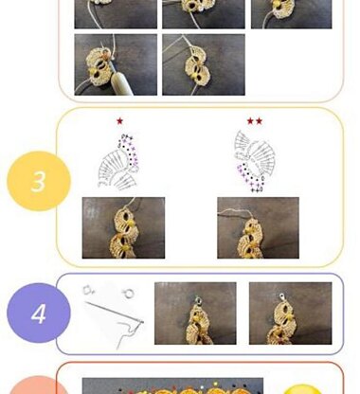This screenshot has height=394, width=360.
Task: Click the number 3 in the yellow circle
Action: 38,182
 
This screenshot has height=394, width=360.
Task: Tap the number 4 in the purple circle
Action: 39,313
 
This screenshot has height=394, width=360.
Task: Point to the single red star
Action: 119,121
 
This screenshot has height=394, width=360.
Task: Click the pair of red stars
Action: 255,121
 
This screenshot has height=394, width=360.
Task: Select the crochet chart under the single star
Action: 118,162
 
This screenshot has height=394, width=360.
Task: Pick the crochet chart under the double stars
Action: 255,161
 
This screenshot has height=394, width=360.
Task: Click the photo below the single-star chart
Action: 123,227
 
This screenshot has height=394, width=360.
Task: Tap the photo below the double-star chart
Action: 258,227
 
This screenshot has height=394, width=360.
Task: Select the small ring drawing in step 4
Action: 129,294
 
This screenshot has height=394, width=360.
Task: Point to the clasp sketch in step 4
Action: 88,290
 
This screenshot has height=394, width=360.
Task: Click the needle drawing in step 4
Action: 115,312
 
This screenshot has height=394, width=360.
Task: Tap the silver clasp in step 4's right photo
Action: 281,297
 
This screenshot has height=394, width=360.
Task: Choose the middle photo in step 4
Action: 195,313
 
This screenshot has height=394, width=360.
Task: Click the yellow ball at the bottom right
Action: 302,389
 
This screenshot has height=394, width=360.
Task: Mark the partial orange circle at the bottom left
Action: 39,385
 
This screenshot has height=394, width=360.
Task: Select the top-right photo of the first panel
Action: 291,14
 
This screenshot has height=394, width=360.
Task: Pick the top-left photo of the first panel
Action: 116,14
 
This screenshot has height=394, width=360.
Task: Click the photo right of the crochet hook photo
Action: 204,64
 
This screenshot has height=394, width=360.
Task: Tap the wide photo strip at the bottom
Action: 172,385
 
